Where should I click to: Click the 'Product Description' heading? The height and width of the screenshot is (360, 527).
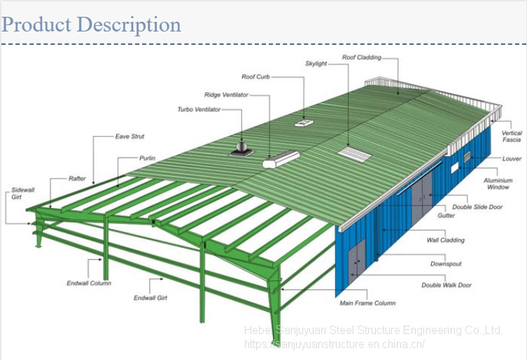click(92, 25)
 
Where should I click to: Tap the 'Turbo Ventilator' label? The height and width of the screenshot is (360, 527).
click(199, 110)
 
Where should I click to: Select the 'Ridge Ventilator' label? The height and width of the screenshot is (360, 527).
click(226, 95)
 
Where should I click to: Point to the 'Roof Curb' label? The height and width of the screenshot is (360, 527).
click(255, 77)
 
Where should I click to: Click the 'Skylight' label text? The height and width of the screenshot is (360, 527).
click(316, 64)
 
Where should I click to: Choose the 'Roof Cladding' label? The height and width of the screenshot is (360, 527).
click(361, 57)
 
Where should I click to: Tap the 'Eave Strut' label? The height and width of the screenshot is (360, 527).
click(129, 137)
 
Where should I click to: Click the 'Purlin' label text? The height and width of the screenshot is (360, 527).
click(147, 158)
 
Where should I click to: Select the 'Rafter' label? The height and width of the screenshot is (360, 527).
click(77, 179)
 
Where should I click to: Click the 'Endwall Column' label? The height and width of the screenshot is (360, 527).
click(89, 284)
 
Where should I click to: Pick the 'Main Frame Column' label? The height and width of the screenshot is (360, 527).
click(367, 303)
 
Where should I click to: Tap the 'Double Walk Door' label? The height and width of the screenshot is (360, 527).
click(447, 285)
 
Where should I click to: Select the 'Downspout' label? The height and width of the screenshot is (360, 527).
click(447, 264)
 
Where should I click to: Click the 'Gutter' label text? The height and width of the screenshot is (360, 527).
click(447, 216)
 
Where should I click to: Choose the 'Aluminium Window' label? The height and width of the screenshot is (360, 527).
click(498, 184)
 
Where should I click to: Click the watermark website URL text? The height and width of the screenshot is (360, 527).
click(335, 344)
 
